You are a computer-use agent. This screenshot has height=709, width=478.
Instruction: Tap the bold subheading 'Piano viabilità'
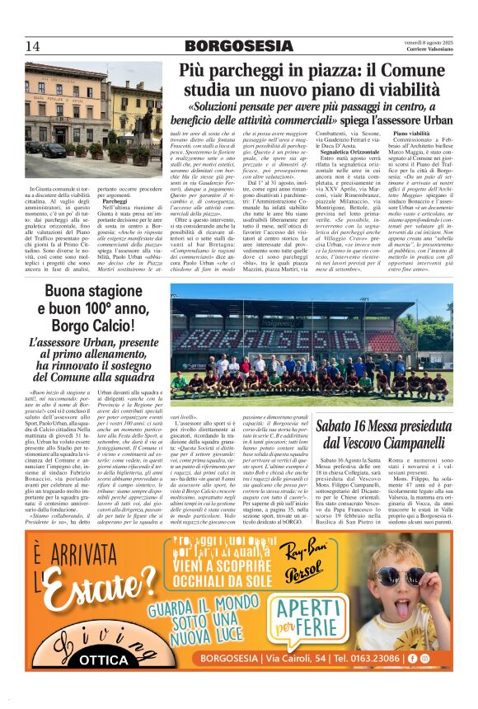point(411,133)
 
